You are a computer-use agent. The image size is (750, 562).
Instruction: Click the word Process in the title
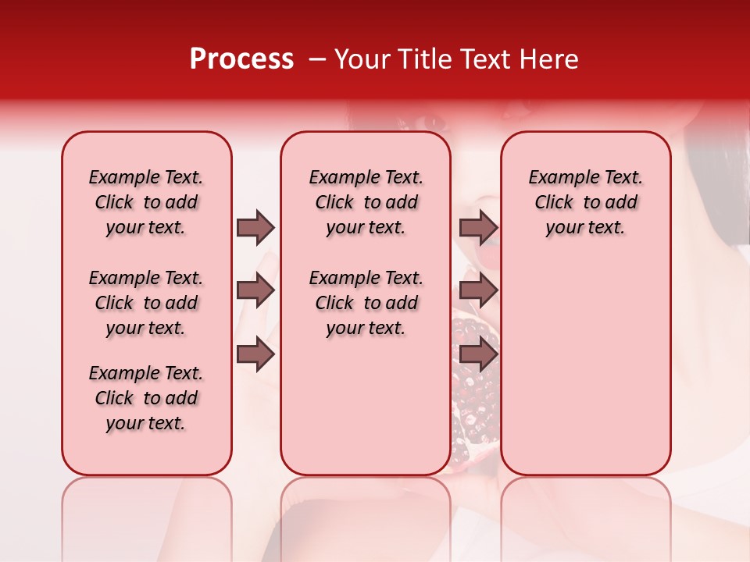click(x=241, y=59)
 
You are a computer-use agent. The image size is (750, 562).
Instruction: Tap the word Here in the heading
click(x=551, y=59)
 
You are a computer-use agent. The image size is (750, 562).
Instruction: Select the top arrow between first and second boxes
click(x=255, y=228)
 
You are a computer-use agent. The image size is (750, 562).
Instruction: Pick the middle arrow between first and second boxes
click(x=255, y=291)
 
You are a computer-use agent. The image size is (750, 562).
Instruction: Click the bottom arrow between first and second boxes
click(x=255, y=355)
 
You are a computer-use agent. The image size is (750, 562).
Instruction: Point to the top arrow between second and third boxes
click(x=478, y=228)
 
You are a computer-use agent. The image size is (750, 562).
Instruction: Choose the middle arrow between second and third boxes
click(x=478, y=291)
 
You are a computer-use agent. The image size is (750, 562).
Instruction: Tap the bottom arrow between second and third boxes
click(x=478, y=355)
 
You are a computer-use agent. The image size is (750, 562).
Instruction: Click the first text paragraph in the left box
click(x=146, y=202)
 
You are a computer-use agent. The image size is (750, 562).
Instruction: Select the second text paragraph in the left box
click(x=146, y=303)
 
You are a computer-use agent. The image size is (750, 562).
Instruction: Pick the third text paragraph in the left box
click(x=146, y=398)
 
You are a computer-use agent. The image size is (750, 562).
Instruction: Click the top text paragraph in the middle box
click(x=366, y=202)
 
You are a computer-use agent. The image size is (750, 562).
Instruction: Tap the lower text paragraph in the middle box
click(x=366, y=303)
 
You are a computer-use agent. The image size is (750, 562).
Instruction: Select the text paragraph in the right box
click(x=585, y=202)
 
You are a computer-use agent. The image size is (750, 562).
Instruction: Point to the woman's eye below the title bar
click(x=432, y=122)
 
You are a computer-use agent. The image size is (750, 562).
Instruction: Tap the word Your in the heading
click(x=360, y=59)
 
